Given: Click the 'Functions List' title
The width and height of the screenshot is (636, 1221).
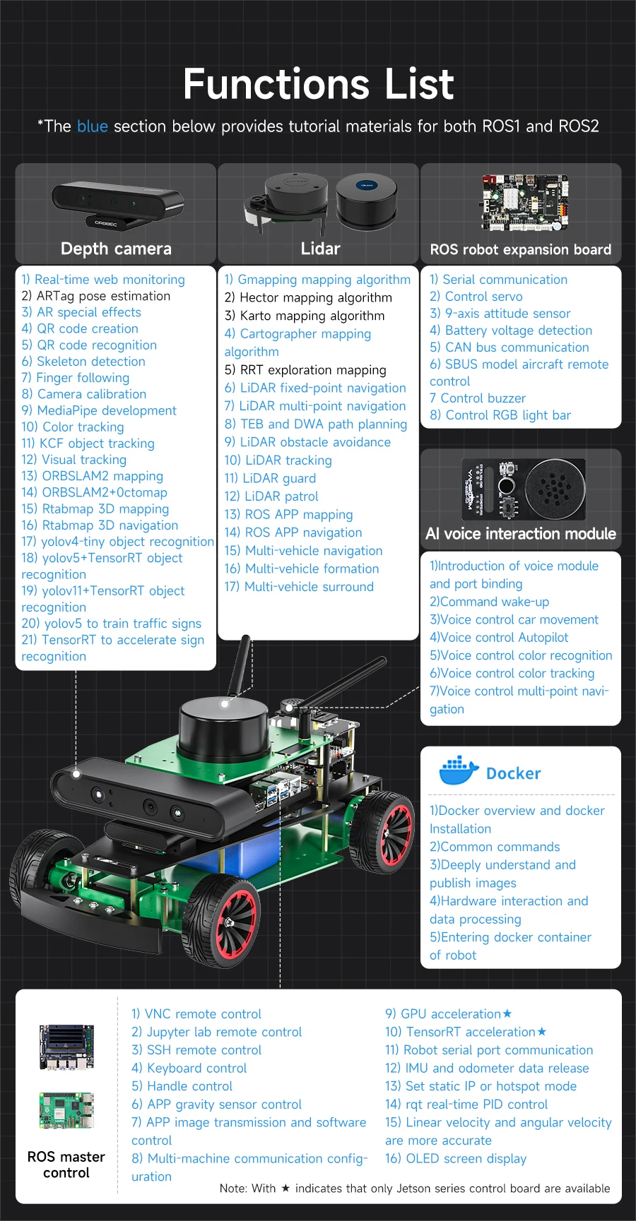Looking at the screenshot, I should click(x=318, y=84).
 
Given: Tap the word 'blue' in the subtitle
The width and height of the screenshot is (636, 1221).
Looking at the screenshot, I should click(x=92, y=126).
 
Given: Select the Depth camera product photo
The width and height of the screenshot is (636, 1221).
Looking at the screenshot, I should click(x=117, y=204).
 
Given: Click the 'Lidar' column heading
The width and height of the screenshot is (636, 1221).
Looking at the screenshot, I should click(x=320, y=249).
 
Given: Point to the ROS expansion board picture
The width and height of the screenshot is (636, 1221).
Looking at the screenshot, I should click(x=524, y=203).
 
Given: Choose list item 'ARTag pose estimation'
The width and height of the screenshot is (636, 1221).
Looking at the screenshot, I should click(x=96, y=296).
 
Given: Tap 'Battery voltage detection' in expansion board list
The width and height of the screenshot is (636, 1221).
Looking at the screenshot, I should click(x=511, y=330).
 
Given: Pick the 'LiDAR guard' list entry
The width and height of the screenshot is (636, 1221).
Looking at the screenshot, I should click(x=270, y=478).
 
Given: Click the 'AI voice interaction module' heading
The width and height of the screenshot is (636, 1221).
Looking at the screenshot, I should click(x=521, y=534).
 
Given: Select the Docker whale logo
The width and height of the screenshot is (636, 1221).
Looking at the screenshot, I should click(x=459, y=771).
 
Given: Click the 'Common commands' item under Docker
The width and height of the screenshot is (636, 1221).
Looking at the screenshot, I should click(x=495, y=847).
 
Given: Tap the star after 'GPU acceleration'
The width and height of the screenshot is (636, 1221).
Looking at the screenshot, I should click(x=507, y=1014).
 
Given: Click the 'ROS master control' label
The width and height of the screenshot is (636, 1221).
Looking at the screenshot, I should click(x=66, y=1165).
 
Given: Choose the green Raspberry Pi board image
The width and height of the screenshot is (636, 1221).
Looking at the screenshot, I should click(x=66, y=1110).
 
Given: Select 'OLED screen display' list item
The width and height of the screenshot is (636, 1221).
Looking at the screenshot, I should click(x=456, y=1158).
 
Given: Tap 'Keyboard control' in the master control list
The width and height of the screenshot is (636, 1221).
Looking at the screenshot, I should click(x=189, y=1068).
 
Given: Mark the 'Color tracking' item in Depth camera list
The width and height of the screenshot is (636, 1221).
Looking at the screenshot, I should click(x=73, y=427).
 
